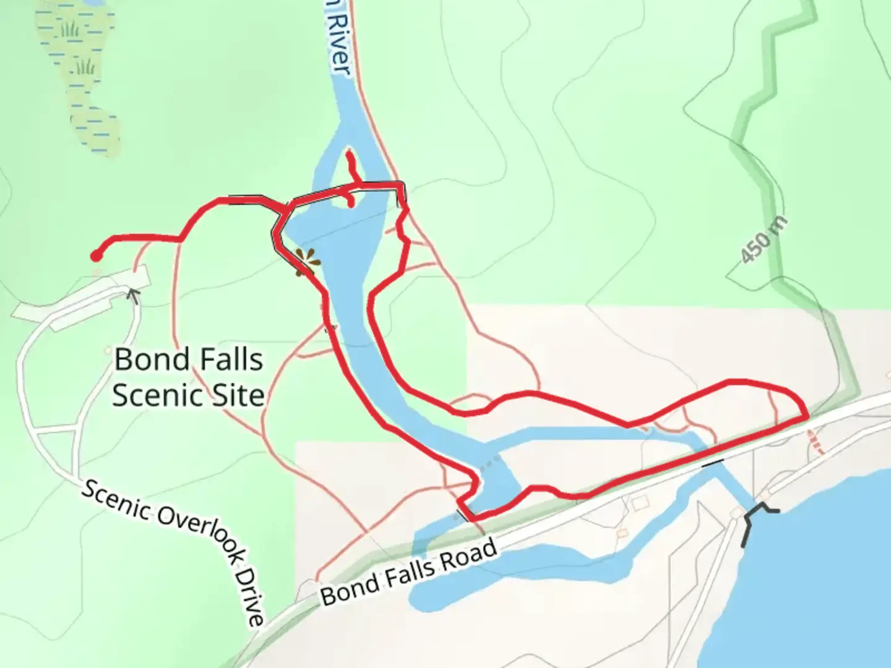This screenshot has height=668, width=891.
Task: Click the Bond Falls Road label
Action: (409, 572)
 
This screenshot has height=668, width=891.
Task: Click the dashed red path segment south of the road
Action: (817, 443)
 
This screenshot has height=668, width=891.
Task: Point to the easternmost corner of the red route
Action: (806, 416)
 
